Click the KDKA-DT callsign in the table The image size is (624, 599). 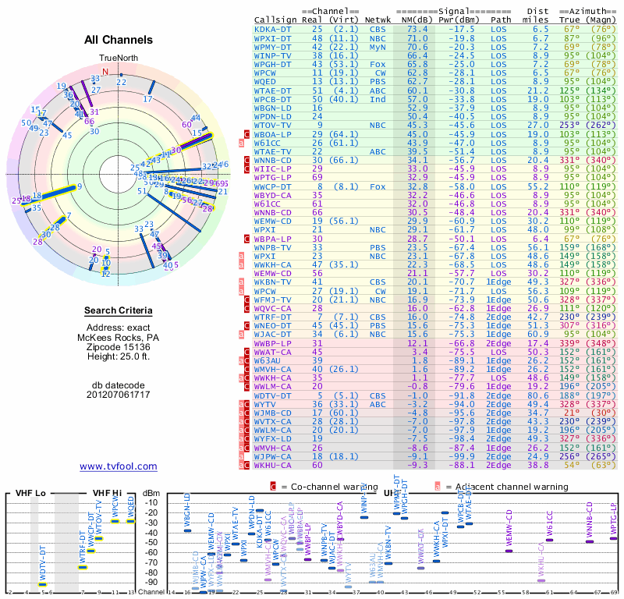point(274,28)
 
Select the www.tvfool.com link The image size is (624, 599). point(119,466)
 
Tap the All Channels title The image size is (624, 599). point(119,40)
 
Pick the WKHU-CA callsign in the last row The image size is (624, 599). point(274,465)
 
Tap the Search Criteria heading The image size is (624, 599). point(119,311)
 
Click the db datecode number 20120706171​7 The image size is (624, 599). point(119,395)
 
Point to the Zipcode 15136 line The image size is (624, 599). point(119,346)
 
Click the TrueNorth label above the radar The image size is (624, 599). point(118,59)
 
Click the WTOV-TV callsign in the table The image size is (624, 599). point(274,124)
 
